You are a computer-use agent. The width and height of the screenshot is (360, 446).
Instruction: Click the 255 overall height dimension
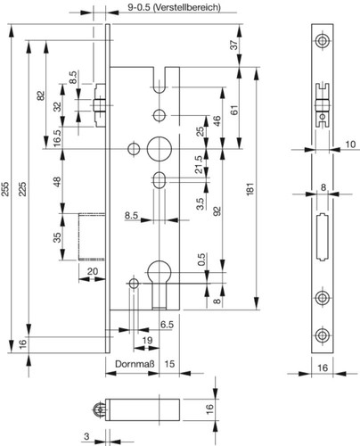(x=5, y=189)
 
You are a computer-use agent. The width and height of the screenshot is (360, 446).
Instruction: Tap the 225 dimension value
(x=23, y=189)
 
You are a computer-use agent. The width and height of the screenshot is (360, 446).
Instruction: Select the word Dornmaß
(x=135, y=364)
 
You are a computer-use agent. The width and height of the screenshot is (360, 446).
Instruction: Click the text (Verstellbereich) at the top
(x=187, y=7)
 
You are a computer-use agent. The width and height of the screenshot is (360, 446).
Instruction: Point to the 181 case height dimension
(x=250, y=189)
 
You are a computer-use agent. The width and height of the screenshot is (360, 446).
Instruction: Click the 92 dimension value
(x=217, y=211)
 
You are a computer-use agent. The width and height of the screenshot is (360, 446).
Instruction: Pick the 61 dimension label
(x=235, y=111)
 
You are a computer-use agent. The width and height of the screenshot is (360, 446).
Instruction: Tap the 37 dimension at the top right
(x=234, y=45)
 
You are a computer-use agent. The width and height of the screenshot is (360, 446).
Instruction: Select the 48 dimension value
(x=57, y=182)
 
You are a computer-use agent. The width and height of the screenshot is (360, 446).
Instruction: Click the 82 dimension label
(x=41, y=95)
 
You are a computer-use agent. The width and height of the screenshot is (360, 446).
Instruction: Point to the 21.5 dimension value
(x=199, y=164)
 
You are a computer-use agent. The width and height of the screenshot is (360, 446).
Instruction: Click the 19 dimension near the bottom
(x=147, y=340)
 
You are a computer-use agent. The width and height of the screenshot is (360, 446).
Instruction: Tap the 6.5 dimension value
(x=167, y=325)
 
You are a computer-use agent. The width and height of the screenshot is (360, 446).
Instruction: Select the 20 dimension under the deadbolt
(x=93, y=271)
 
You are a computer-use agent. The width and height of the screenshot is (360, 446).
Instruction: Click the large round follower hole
(x=160, y=149)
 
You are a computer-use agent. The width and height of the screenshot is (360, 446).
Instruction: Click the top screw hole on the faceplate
(x=322, y=41)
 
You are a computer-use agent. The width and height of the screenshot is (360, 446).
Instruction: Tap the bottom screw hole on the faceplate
(x=322, y=335)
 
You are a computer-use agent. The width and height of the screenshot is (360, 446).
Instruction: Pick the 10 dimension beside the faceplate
(x=350, y=145)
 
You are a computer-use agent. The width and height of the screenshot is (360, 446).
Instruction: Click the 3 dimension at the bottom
(x=86, y=436)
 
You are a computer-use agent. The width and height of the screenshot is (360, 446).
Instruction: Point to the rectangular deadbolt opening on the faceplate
(x=322, y=237)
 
